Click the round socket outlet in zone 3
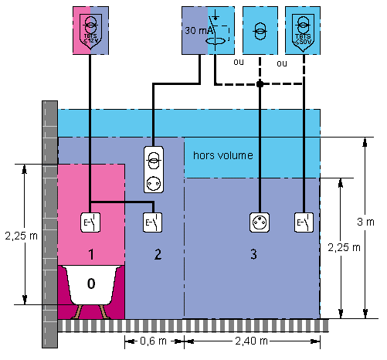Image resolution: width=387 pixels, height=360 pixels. (x=259, y=222)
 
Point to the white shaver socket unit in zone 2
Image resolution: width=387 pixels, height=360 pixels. (x=152, y=170)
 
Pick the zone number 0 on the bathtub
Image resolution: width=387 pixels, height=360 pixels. (x=90, y=284)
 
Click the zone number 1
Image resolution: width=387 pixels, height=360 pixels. (x=90, y=253)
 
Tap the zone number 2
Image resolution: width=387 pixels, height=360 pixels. (x=157, y=253)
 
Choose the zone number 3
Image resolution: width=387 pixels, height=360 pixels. (x=253, y=253)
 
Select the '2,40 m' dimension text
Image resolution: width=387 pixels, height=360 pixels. (x=252, y=341)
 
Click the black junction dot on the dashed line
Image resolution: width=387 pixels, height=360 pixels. (x=260, y=83)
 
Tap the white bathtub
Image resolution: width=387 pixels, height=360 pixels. (x=90, y=289)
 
